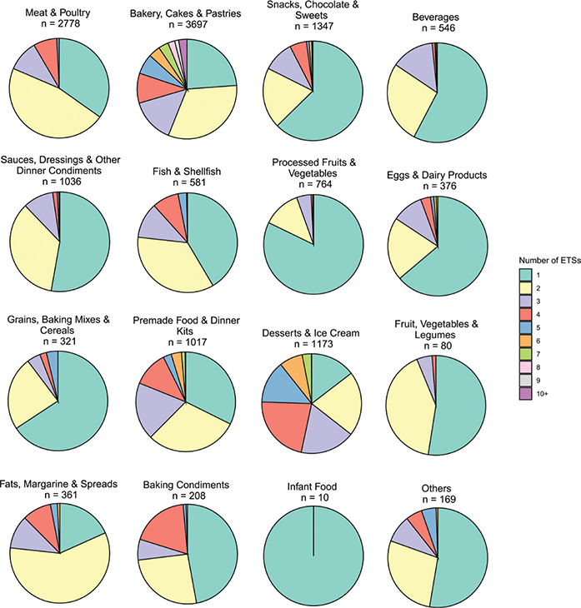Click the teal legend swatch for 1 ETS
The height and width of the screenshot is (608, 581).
527,273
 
